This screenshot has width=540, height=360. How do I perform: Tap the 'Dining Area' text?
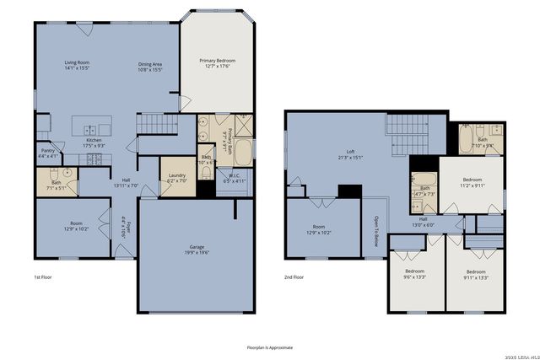click(x=151, y=66)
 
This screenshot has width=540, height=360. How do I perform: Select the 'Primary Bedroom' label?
click(x=217, y=63)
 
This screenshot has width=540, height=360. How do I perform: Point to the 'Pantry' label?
click(x=48, y=153)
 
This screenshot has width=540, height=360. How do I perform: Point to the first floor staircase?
click(x=148, y=124)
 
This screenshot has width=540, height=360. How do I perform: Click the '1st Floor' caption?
click(x=43, y=277)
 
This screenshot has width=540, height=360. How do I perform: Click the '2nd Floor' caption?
click(x=294, y=277)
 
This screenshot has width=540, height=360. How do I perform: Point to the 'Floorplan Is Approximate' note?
click(x=270, y=347)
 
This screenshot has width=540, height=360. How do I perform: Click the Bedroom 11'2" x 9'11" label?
click(x=472, y=182)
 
